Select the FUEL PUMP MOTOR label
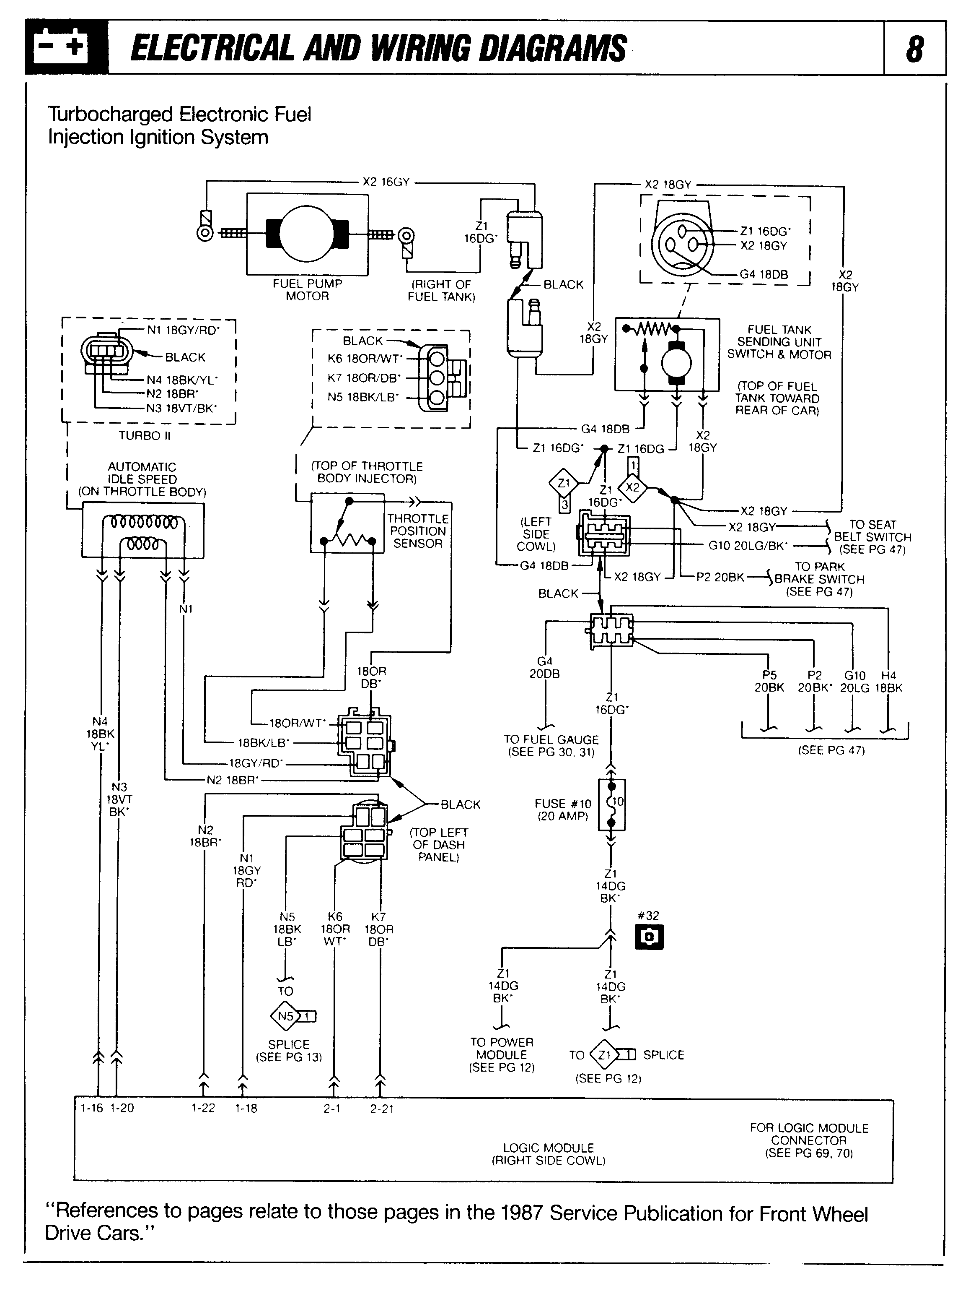click(307, 290)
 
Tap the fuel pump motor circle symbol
click(307, 233)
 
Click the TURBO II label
click(144, 436)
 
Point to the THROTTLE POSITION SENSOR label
click(417, 531)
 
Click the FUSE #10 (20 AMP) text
click(562, 810)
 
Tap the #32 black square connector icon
click(649, 937)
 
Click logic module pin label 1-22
click(203, 1108)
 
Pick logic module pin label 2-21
click(382, 1109)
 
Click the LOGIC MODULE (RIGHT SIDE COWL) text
click(549, 1154)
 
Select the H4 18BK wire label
click(888, 682)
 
